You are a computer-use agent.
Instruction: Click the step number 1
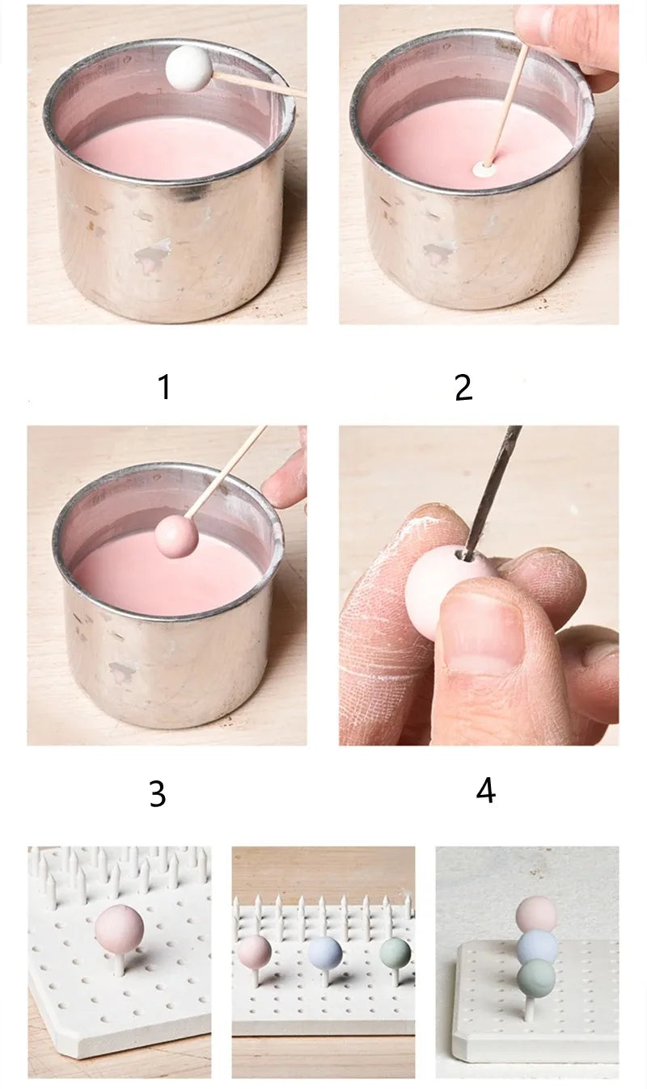coord(165,387)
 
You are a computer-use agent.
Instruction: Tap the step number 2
coord(464,388)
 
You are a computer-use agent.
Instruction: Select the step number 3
coord(157,793)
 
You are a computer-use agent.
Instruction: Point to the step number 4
coord(485,791)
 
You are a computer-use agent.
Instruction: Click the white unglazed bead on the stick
coord(188,68)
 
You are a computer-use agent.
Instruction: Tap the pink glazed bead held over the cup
coord(177,536)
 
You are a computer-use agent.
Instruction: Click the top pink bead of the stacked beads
coord(535,915)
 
